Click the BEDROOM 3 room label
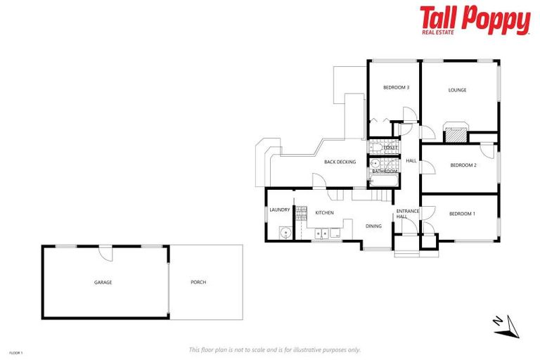pos(396,87)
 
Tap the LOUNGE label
pos(457,90)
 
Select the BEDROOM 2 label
pos(463,165)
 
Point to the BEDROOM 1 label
pos(462,214)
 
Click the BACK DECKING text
pos(340,162)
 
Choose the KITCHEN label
pos(323,212)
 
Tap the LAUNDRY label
pos(279,210)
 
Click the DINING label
pos(373,226)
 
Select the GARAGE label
pos(103,282)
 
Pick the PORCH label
pos(198,282)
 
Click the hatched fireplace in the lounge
pos(456,134)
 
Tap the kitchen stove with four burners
pos(302,213)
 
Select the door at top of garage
pos(104,251)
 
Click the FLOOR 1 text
pos(16,352)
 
